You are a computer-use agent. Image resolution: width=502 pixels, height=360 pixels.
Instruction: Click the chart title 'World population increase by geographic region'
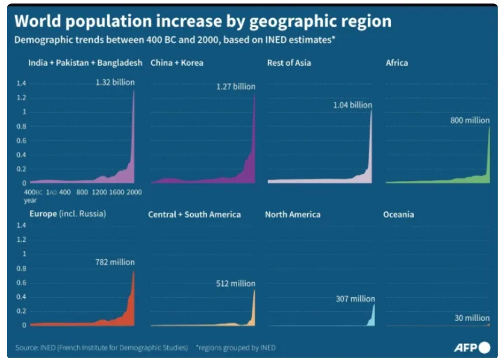coord(203,21)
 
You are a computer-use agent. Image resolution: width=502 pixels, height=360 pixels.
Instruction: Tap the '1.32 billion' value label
coord(115,83)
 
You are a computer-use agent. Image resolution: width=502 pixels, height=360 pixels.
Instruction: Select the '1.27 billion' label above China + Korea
coord(235,87)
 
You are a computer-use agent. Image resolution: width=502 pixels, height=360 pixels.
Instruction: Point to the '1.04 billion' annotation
coord(353,105)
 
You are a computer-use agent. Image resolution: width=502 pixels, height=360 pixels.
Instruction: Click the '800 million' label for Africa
coord(469,120)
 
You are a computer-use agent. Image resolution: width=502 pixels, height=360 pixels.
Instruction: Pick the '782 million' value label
coord(115,262)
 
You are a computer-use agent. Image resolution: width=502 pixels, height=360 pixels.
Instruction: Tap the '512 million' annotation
coord(235,284)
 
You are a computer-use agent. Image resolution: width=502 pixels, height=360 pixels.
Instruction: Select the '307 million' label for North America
coord(355,299)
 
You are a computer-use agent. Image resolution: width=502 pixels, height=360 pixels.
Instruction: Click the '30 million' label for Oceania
coord(472,318)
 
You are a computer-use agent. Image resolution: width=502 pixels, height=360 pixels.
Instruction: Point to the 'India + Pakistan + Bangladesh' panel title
coord(85,63)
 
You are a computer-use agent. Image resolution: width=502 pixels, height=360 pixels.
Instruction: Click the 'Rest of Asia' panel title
coord(289,63)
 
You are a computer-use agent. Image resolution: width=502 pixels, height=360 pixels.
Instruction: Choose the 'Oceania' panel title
coord(398,214)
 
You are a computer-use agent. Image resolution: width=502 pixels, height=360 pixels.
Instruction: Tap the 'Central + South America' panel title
coord(194,215)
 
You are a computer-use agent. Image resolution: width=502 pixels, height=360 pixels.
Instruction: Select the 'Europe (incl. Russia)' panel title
coord(68,214)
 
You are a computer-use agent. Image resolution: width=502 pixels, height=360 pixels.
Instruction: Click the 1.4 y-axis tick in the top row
coord(21,84)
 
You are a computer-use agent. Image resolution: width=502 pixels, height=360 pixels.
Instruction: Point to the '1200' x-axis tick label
coord(99,192)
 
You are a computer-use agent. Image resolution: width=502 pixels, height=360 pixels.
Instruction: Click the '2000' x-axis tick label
coord(133,192)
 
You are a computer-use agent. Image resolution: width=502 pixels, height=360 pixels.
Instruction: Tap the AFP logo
coord(472,347)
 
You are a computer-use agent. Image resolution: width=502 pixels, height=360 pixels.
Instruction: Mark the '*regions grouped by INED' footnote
coord(235,348)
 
